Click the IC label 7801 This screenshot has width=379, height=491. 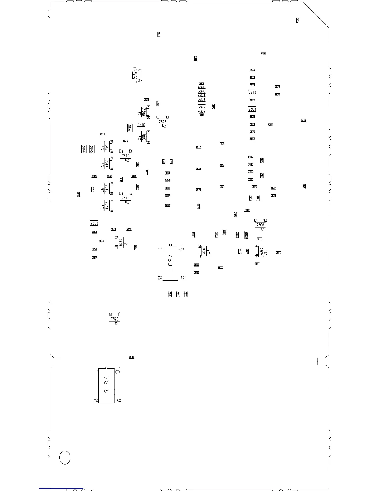170,262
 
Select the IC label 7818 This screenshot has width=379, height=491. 106,385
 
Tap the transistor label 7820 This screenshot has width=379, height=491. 115,319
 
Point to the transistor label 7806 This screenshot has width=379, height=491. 260,225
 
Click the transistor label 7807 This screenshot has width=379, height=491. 162,122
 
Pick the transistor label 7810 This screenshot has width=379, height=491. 125,156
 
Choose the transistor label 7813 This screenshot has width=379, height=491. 125,198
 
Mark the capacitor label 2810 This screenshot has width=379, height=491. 252,92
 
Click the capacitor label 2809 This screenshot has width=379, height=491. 252,109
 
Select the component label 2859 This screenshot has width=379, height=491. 94,223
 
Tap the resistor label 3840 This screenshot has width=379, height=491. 141,125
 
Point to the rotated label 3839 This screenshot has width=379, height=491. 130,128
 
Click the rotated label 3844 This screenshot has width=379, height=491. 84,149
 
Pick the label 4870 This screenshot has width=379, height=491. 202,87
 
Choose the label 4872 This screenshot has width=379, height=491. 202,111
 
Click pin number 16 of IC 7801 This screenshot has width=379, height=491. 181,248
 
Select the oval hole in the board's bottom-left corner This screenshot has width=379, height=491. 65,458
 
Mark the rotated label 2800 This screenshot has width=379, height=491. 246,235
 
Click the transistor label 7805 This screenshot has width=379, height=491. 261,251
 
